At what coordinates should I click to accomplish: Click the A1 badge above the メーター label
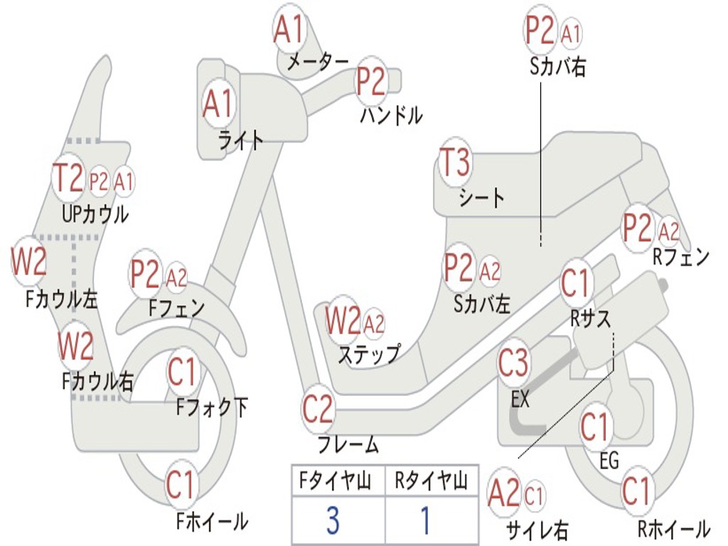click(289, 31)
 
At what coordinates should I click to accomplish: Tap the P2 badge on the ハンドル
click(371, 82)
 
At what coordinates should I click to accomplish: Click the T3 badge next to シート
click(455, 164)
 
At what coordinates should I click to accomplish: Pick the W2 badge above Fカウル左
click(28, 262)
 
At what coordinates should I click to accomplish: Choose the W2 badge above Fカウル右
click(76, 346)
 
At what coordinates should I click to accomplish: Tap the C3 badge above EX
click(513, 363)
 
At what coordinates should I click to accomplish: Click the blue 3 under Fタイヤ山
click(333, 521)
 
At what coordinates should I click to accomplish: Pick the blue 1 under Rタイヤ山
click(426, 521)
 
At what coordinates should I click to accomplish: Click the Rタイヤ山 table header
click(431, 483)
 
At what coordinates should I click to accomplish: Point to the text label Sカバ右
click(558, 67)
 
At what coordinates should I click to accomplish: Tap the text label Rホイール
click(673, 530)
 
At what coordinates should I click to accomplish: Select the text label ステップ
click(369, 354)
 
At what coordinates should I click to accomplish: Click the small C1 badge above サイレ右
click(535, 495)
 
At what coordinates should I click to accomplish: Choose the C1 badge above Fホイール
click(181, 485)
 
